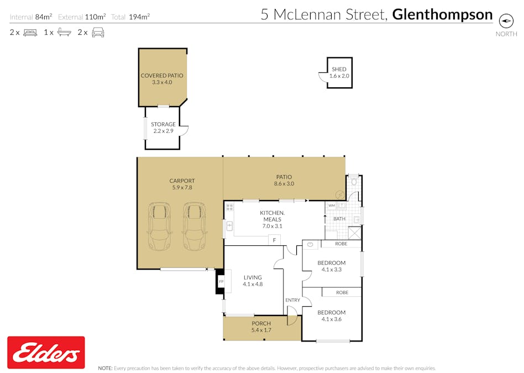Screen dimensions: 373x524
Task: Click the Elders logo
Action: [46, 353]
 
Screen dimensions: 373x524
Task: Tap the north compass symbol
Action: [506, 20]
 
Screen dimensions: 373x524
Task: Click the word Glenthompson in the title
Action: [442, 14]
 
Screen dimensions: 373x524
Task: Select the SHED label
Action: [339, 70]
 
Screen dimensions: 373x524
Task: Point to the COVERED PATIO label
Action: [162, 76]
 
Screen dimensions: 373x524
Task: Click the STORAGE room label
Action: [163, 124]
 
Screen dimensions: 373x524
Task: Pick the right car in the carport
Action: [194, 227]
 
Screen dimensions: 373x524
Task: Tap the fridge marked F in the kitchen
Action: [274, 240]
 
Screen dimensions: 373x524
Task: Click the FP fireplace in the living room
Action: [221, 282]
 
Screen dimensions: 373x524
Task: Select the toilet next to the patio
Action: [354, 181]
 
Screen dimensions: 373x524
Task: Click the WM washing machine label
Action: [332, 206]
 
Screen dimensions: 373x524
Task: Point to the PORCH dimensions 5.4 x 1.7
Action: [261, 330]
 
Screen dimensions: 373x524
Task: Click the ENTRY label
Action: [292, 300]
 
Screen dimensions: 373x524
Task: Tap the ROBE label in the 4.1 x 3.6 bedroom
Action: [342, 292]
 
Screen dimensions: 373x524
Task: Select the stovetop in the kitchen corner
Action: [229, 208]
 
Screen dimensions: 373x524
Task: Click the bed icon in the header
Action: [30, 33]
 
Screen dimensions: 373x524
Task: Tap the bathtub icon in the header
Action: [64, 33]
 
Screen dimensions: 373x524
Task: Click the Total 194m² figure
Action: [131, 17]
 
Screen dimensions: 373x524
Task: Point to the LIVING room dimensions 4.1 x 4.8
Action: [252, 285]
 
